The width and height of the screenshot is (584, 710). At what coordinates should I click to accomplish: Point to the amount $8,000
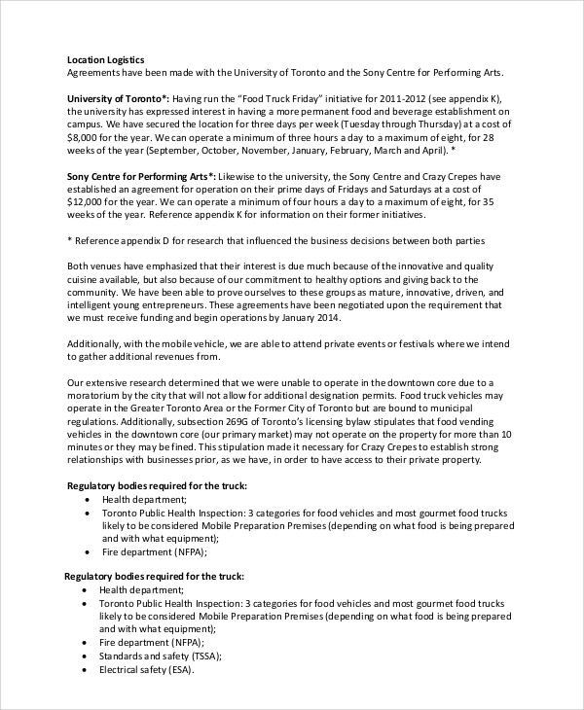[82, 138]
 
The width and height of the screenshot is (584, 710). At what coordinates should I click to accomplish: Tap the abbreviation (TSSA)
[201, 656]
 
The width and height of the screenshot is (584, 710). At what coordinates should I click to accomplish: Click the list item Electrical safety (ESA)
[146, 669]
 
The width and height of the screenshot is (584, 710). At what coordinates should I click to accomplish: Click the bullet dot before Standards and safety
[86, 656]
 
